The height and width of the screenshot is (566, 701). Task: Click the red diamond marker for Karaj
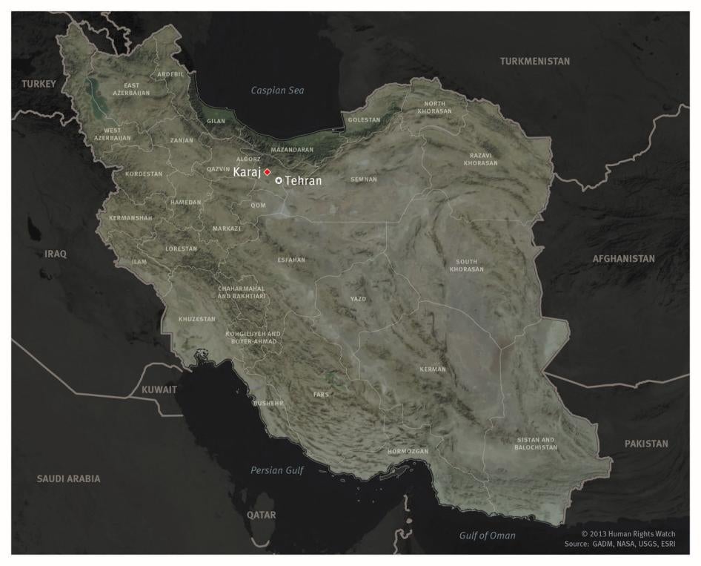click(267, 172)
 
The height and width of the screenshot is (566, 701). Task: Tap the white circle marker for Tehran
click(279, 180)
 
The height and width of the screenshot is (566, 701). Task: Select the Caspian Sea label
click(277, 91)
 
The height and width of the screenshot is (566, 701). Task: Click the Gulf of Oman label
click(487, 536)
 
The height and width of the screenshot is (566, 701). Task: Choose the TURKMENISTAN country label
click(535, 61)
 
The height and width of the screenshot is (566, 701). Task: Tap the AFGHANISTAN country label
click(623, 259)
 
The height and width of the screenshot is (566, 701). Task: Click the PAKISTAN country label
click(646, 444)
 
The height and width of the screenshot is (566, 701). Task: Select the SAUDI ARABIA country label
click(68, 478)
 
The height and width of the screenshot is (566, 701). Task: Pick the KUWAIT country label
click(159, 389)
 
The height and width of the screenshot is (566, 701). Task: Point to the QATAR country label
click(261, 515)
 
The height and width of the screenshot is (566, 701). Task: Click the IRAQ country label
click(56, 254)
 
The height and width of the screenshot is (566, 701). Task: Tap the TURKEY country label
click(39, 84)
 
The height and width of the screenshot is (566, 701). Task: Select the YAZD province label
click(359, 299)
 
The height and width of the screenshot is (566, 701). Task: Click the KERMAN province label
click(433, 369)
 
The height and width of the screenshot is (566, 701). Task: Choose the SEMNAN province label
click(364, 180)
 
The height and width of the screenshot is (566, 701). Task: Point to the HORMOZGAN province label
click(408, 451)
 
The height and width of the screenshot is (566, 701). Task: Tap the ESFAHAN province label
click(291, 260)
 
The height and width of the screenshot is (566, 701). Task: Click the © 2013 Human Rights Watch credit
click(628, 533)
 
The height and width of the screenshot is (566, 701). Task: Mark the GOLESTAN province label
click(364, 119)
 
